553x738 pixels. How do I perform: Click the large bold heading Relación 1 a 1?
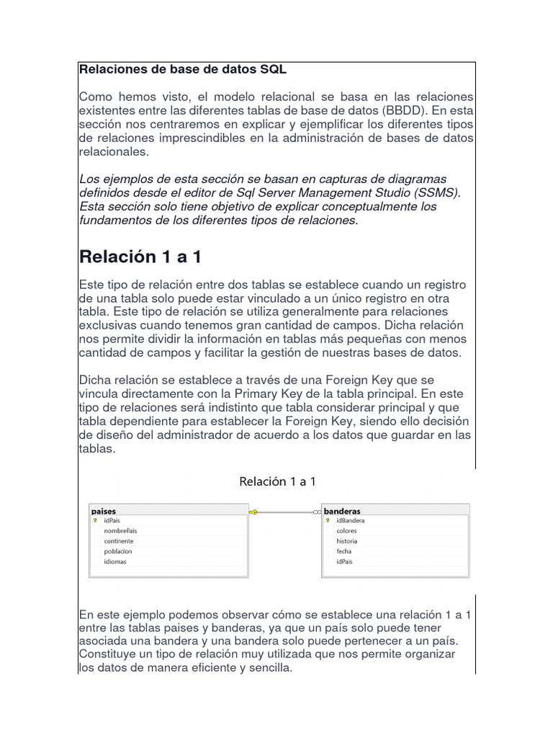(140, 257)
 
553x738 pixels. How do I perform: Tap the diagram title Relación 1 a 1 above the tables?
(277, 481)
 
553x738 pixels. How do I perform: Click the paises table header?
(104, 511)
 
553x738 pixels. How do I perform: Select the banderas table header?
(342, 511)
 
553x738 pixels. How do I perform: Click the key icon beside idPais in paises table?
(95, 520)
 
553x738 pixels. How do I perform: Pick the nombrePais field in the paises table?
(120, 530)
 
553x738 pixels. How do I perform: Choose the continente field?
(118, 541)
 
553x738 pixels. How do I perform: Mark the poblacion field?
(118, 551)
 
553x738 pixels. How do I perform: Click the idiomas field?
(115, 561)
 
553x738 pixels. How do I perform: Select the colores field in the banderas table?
(346, 530)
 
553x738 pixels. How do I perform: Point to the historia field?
(346, 541)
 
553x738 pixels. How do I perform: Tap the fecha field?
(343, 551)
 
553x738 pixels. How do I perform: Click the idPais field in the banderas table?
(345, 561)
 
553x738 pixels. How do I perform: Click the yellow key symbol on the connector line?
(253, 512)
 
